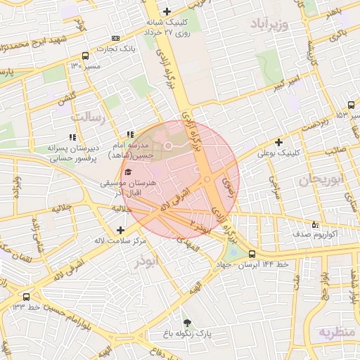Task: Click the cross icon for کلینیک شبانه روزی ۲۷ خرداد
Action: point(167,11)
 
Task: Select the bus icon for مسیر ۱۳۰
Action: point(85,56)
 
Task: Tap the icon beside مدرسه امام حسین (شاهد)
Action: point(129,134)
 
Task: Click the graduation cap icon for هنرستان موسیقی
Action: point(127,172)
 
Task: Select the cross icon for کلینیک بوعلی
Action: point(279,142)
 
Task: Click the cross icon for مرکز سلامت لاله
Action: point(121,230)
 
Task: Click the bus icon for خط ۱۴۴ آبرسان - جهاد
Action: point(252,254)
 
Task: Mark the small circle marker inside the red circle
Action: point(168,146)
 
